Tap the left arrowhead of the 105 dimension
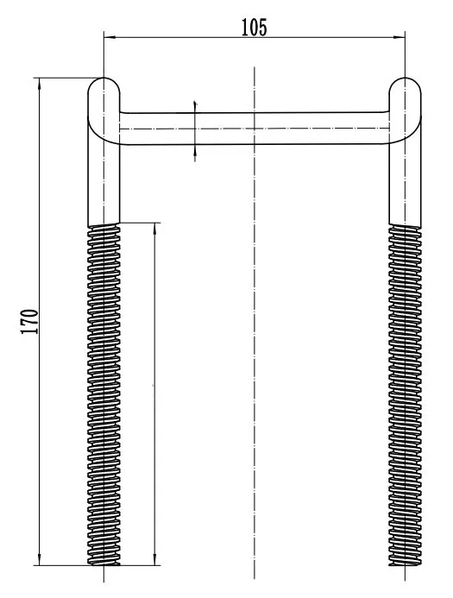[x=109, y=36]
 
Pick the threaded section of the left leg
[x=104, y=388]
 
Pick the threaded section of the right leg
[x=405, y=388]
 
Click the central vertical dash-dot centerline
[x=255, y=345]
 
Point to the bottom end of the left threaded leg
[x=104, y=563]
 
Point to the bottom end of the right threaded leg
[x=405, y=563]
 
